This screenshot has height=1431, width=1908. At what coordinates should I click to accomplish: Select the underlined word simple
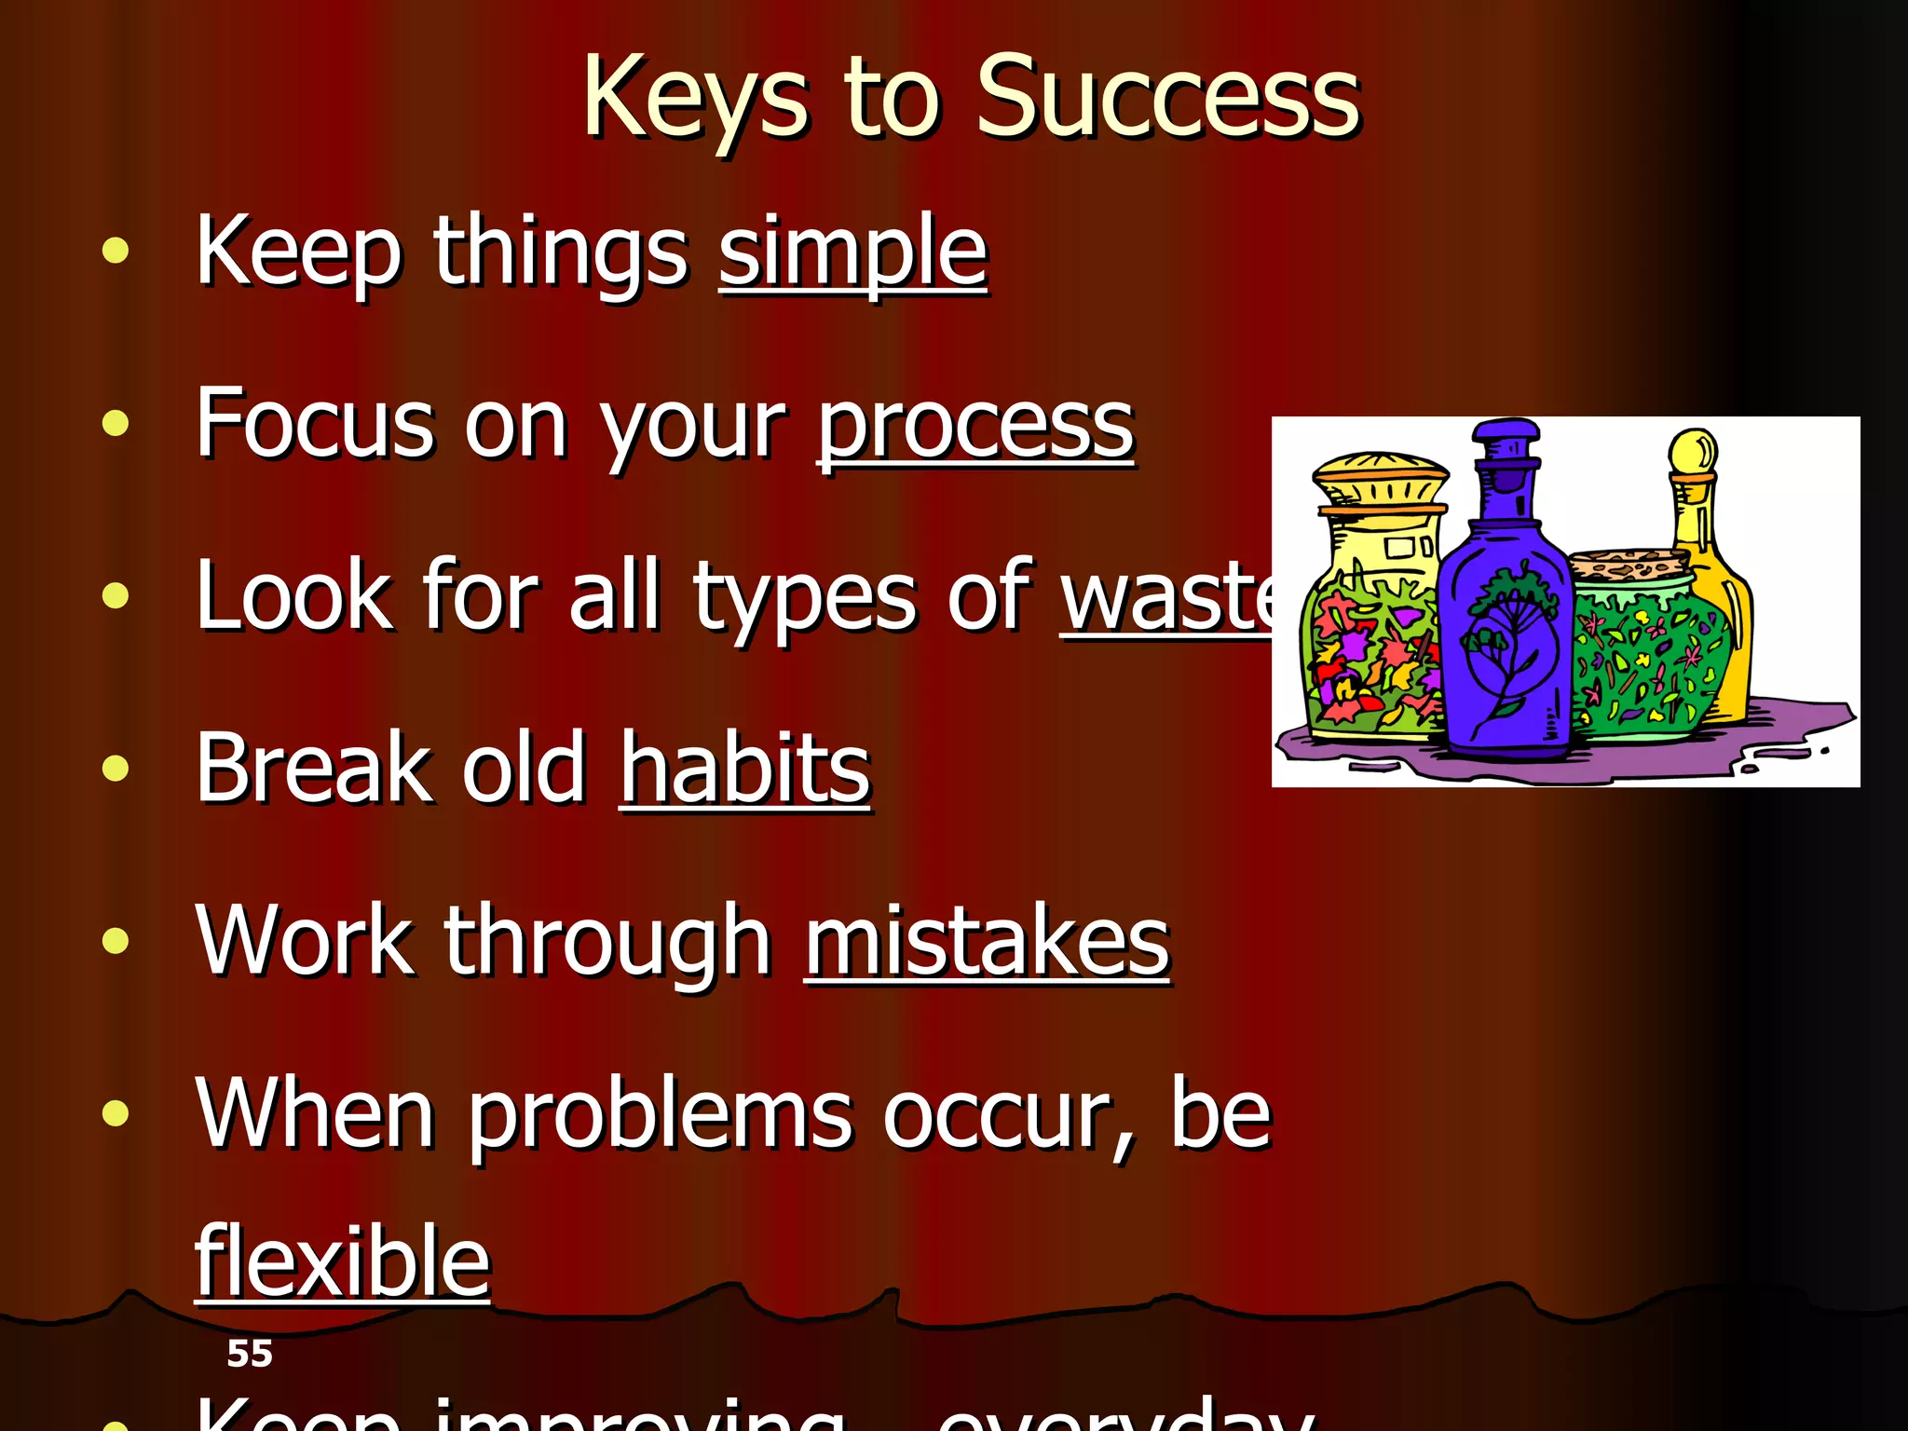[x=852, y=252]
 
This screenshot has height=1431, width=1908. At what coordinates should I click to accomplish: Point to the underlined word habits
[x=745, y=768]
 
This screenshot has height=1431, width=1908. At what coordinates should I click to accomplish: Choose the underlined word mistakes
[x=987, y=941]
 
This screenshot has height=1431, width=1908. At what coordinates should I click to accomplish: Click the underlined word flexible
[x=342, y=1261]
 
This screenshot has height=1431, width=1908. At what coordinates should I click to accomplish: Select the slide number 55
[x=250, y=1353]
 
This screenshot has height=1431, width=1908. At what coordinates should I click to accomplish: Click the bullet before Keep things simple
[x=116, y=252]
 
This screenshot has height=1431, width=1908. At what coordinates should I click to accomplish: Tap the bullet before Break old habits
[x=116, y=769]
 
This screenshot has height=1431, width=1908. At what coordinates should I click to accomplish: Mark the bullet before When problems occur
[x=116, y=1112]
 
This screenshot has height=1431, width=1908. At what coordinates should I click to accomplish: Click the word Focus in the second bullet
[x=315, y=425]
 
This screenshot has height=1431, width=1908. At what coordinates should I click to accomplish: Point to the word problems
[x=660, y=1114]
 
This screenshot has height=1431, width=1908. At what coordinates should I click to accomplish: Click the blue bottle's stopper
[x=1506, y=446]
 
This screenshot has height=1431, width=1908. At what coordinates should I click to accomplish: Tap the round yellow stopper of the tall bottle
[x=1693, y=453]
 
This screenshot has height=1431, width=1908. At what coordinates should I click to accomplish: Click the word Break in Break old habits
[x=313, y=768]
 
